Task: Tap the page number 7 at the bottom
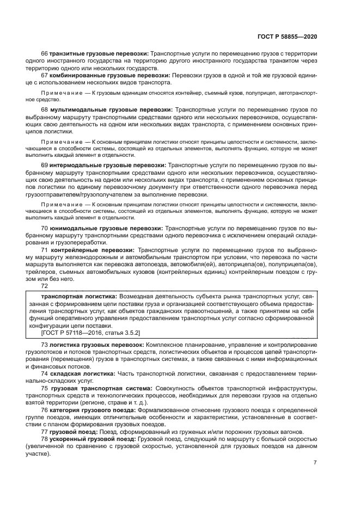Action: tap(315, 462)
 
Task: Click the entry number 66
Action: tap(45, 55)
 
